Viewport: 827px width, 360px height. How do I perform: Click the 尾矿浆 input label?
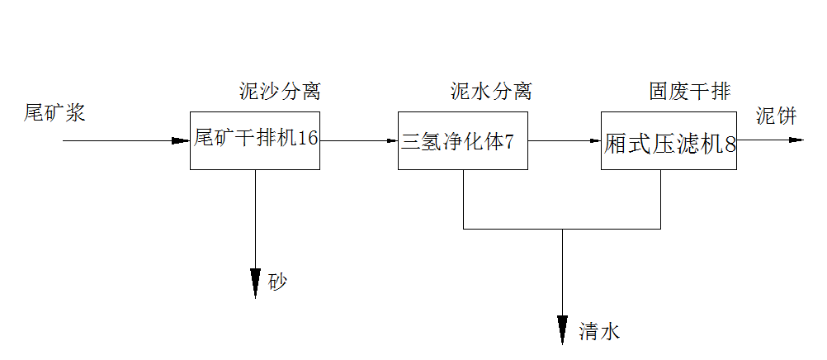[x=54, y=113]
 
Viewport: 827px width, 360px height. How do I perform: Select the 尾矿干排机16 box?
[x=255, y=140]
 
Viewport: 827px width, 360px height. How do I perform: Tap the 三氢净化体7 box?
[x=462, y=140]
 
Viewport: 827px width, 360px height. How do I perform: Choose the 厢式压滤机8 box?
[x=669, y=140]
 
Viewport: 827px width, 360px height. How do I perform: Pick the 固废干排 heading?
[x=689, y=92]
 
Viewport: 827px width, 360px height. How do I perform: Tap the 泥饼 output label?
[x=776, y=116]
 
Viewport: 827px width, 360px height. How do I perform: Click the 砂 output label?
[x=278, y=282]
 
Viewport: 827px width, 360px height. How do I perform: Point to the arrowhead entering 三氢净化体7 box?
[x=391, y=140]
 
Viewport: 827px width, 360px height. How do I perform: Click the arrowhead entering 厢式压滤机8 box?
[x=594, y=140]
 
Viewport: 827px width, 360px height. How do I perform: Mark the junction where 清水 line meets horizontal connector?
[x=563, y=229]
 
